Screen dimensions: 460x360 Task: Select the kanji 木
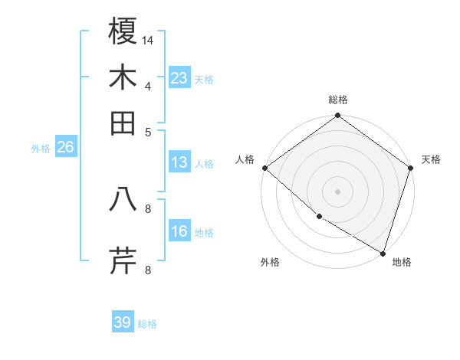123,77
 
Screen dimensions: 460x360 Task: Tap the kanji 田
123,123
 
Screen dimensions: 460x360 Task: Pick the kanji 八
123,199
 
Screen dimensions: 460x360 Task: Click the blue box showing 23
179,78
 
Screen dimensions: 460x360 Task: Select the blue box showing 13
179,162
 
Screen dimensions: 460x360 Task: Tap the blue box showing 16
179,231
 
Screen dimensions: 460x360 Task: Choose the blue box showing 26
65,148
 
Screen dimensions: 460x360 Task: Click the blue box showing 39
123,322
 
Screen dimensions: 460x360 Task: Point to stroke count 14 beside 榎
148,40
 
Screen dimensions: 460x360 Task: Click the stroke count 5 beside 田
148,131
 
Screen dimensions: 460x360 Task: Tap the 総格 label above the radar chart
338,100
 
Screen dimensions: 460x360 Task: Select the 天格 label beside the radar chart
431,159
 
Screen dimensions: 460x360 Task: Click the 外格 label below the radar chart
270,263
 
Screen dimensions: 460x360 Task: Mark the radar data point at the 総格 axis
338,116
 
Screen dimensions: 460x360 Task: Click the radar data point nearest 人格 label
264,168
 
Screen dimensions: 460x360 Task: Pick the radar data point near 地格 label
383,252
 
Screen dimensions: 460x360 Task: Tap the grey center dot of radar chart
338,191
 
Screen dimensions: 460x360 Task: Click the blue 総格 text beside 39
147,324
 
